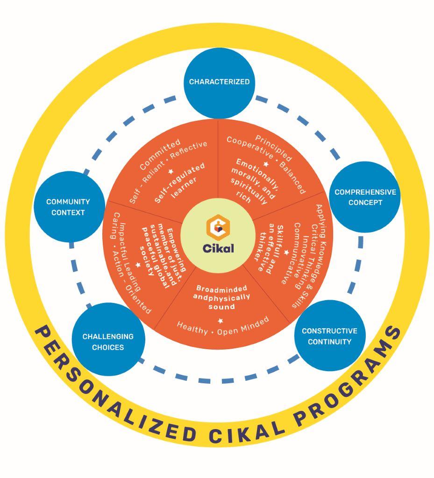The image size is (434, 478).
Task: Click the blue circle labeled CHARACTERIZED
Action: click(x=219, y=83)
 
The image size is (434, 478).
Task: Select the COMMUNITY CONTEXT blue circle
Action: click(x=69, y=207)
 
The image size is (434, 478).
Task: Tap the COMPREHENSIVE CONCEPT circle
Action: click(x=365, y=197)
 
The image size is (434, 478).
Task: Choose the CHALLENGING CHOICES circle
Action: click(x=108, y=339)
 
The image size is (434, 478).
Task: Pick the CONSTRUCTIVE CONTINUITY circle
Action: click(x=330, y=336)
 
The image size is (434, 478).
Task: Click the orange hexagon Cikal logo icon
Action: click(x=218, y=226)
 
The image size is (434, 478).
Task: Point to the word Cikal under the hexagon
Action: click(x=218, y=248)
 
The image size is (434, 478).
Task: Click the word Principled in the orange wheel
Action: click(x=274, y=148)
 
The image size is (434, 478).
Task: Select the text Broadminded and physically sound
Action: click(x=221, y=297)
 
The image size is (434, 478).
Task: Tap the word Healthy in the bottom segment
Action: click(x=192, y=328)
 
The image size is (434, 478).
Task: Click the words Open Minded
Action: click(x=243, y=326)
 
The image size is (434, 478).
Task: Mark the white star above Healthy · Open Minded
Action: click(x=221, y=320)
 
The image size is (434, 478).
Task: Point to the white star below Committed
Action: click(x=171, y=172)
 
